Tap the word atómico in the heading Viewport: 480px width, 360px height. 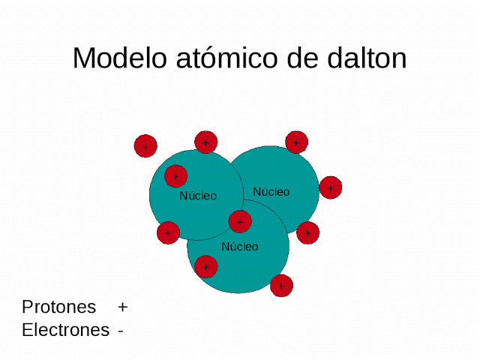tap(225, 58)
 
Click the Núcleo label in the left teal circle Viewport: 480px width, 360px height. tap(198, 196)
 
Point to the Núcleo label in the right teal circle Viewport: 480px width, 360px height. tap(271, 192)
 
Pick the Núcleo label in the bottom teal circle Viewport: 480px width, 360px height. tap(239, 246)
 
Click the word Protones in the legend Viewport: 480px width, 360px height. tap(59, 307)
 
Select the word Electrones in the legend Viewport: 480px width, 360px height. tap(65, 330)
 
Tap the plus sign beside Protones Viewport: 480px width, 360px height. tap(123, 307)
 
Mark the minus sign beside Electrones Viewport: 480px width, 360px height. tap(121, 331)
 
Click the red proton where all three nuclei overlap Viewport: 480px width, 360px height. tap(240, 221)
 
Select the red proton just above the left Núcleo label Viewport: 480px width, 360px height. tap(175, 177)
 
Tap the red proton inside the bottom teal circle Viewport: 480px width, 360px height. tap(205, 266)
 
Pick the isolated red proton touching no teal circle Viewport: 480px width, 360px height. tap(145, 146)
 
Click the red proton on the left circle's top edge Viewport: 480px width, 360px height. tap(205, 142)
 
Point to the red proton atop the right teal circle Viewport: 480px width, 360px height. tap(296, 142)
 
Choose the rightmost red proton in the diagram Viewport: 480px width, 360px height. tap(331, 187)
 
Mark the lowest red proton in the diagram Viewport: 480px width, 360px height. tap(281, 285)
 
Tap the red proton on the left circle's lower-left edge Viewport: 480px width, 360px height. tap(168, 233)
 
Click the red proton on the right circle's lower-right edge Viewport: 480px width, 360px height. tap(307, 233)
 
